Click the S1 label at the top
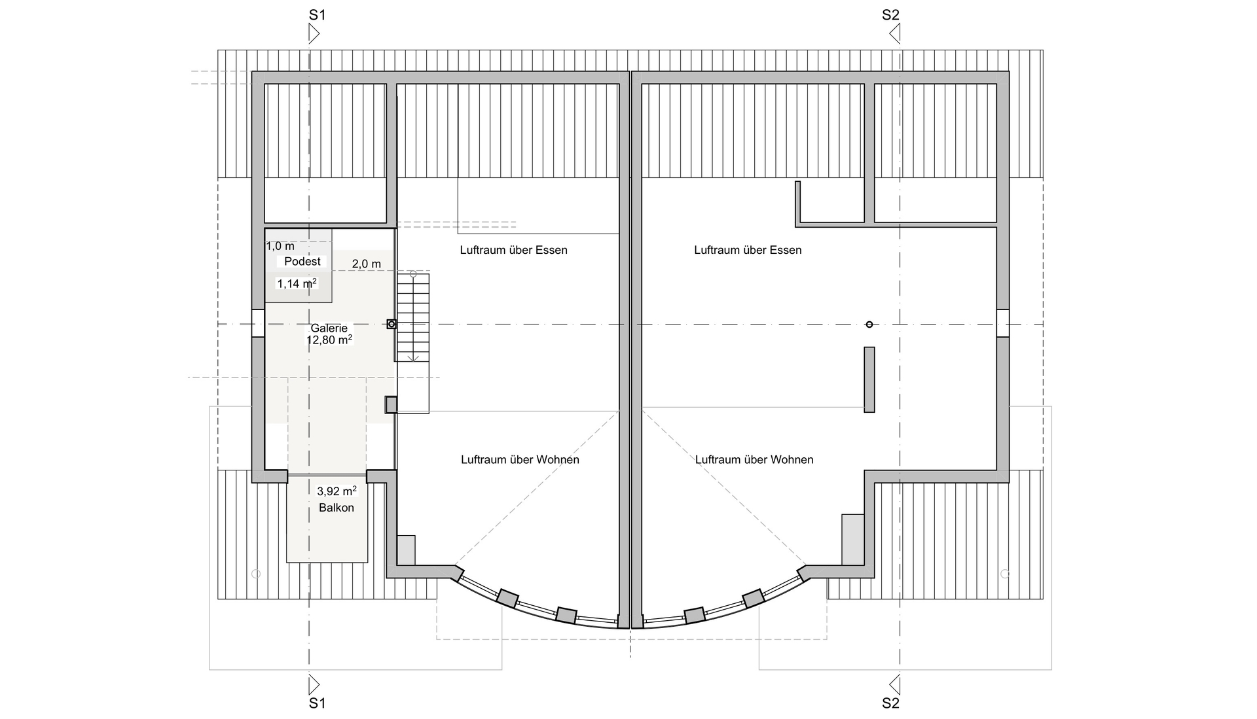point(317,14)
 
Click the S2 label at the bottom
point(890,703)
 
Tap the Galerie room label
point(329,328)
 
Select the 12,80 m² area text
point(329,340)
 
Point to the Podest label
point(302,262)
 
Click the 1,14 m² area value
point(297,283)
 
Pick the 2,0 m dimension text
point(367,264)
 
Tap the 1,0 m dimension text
point(280,246)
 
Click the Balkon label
point(337,508)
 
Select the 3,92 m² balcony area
point(337,491)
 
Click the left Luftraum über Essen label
point(513,250)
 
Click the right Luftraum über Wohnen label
point(754,460)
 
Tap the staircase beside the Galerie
point(412,317)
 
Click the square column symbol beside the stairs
point(392,324)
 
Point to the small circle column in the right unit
point(869,324)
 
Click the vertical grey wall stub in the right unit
point(869,379)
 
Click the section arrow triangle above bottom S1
point(314,685)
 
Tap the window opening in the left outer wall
point(258,324)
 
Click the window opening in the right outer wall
point(1003,324)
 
